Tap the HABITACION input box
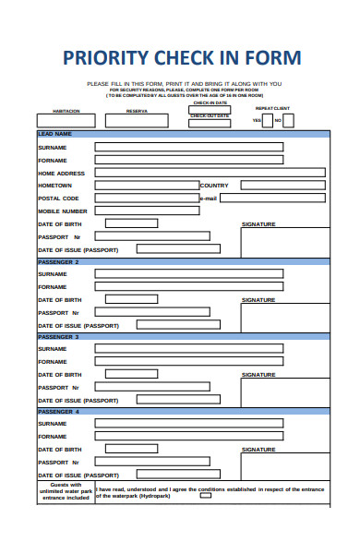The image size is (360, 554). pyautogui.click(x=66, y=120)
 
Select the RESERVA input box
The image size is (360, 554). pyautogui.click(x=137, y=120)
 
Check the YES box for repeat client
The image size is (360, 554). pyautogui.click(x=261, y=119)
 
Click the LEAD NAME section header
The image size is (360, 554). pyautogui.click(x=55, y=134)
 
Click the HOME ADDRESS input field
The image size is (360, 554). pyautogui.click(x=210, y=173)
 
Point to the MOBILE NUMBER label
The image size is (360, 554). pyautogui.click(x=63, y=211)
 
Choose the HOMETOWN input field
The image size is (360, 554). pyautogui.click(x=147, y=186)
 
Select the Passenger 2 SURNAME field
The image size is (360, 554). pyautogui.click(x=188, y=274)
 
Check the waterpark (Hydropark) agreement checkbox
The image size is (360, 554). pyautogui.click(x=205, y=496)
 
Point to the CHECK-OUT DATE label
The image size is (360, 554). pyautogui.click(x=210, y=115)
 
